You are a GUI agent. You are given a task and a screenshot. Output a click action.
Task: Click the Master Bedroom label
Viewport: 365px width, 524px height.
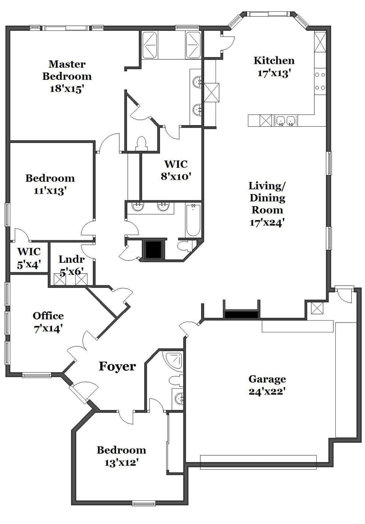coord(67,70)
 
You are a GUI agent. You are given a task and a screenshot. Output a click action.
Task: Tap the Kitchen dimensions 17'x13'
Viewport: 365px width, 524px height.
coord(274,73)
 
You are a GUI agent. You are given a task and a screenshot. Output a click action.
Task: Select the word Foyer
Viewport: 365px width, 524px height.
coord(117,366)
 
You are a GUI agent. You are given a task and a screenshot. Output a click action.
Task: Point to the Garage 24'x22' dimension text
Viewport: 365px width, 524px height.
coord(267,391)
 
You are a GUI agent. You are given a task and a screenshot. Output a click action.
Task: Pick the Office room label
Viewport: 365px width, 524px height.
coord(48,316)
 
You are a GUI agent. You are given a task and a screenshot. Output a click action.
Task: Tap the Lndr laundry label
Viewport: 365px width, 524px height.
coord(71,259)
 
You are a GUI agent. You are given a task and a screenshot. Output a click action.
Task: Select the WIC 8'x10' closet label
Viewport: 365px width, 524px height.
coord(175,170)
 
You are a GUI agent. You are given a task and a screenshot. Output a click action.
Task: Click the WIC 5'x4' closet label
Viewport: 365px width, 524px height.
coord(29,257)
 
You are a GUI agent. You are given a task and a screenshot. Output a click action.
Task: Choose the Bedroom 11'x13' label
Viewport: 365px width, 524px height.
coord(50,184)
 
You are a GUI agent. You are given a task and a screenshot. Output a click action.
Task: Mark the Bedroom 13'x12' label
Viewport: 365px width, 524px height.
coord(121,456)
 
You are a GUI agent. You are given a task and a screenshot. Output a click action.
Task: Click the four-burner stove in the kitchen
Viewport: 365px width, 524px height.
coord(320,81)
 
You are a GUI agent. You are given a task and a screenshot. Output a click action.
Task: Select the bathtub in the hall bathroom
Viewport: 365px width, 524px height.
coord(193,220)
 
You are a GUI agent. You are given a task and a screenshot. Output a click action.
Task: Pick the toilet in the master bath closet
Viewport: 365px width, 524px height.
coord(141,143)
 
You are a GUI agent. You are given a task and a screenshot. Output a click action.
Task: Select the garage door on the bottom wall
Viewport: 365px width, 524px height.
coord(258,462)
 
